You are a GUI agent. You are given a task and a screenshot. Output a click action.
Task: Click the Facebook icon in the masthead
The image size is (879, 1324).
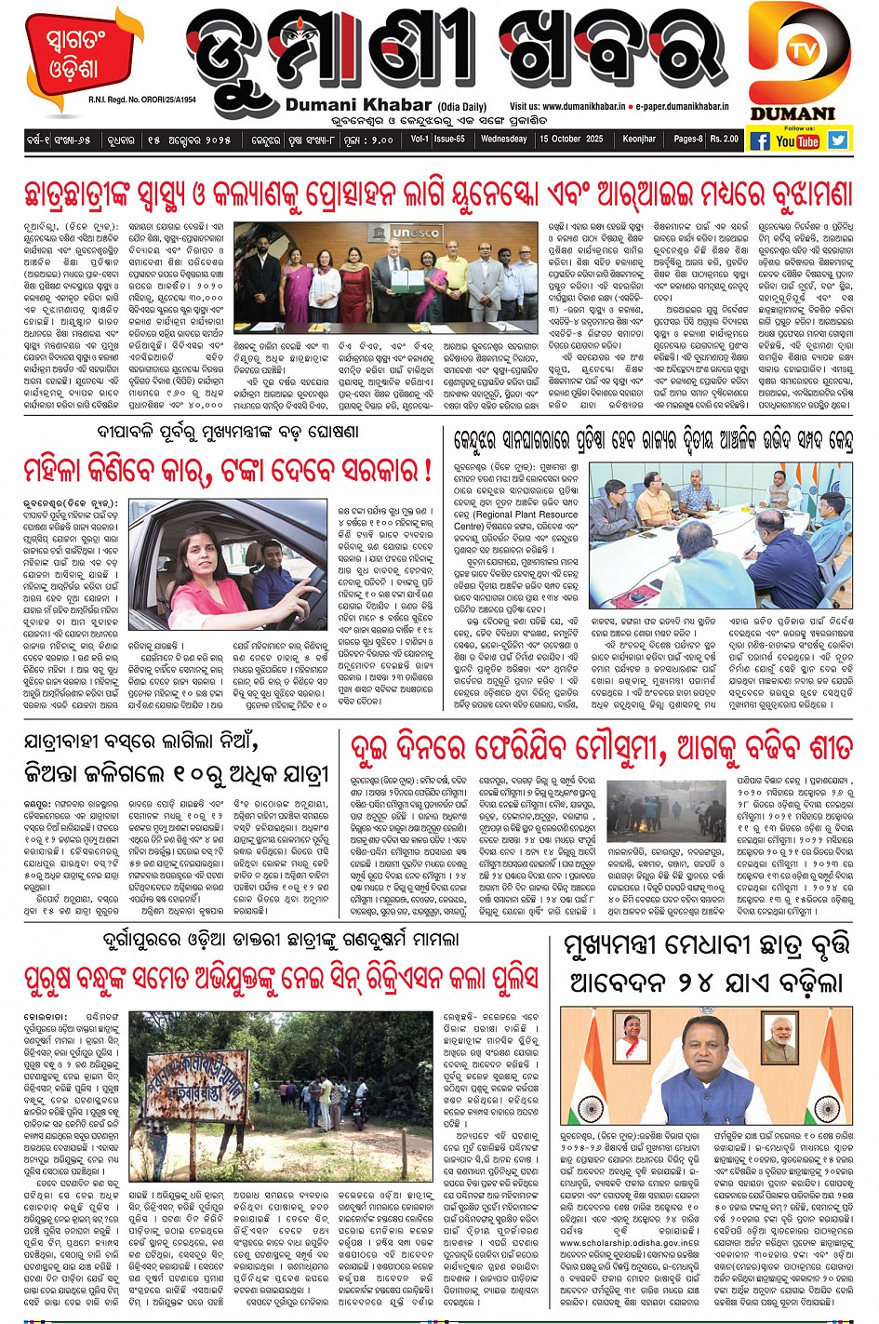click(759, 140)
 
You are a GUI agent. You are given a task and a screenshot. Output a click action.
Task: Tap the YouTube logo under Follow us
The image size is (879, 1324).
click(797, 140)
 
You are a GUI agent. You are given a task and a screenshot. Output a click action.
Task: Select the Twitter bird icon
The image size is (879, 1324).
click(838, 140)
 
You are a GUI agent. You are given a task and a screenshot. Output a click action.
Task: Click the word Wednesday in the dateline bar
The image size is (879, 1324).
click(504, 139)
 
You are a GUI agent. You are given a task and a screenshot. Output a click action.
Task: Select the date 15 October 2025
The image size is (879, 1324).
click(571, 139)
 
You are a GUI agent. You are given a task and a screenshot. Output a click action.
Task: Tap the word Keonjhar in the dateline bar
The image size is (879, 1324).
click(639, 139)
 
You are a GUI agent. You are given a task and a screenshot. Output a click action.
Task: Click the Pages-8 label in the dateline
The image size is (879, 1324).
click(687, 139)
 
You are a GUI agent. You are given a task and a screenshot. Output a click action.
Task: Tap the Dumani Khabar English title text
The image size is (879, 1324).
click(359, 105)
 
